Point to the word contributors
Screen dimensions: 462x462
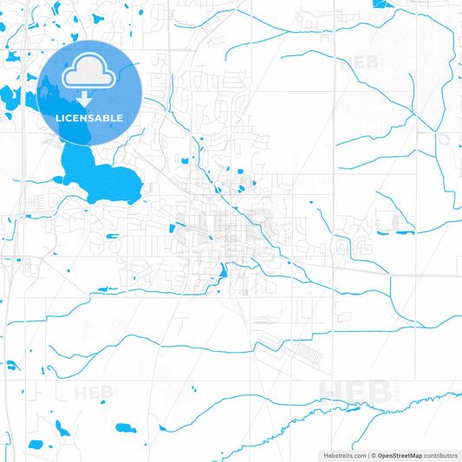tap(442, 454)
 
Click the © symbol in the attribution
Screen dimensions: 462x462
tap(373, 454)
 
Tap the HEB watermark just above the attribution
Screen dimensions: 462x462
tap(356, 392)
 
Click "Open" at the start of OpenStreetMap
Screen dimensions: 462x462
tap(386, 454)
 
